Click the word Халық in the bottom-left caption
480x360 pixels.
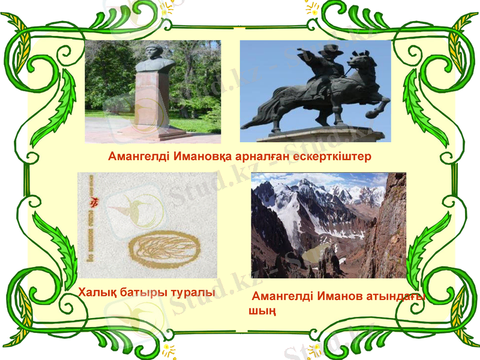click(97, 293)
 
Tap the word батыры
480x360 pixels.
click(144, 293)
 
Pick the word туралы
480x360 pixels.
click(193, 293)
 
